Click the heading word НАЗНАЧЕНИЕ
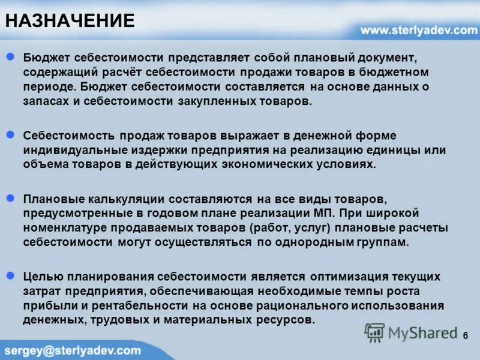point(70,21)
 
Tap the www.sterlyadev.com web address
point(418,30)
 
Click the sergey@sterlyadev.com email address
point(73,350)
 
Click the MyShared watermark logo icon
point(374,332)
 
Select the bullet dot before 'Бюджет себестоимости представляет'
point(10,57)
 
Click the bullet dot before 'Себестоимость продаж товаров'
point(10,136)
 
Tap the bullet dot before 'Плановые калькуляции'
point(10,198)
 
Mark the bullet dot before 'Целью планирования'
point(10,276)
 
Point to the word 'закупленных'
point(219,102)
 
